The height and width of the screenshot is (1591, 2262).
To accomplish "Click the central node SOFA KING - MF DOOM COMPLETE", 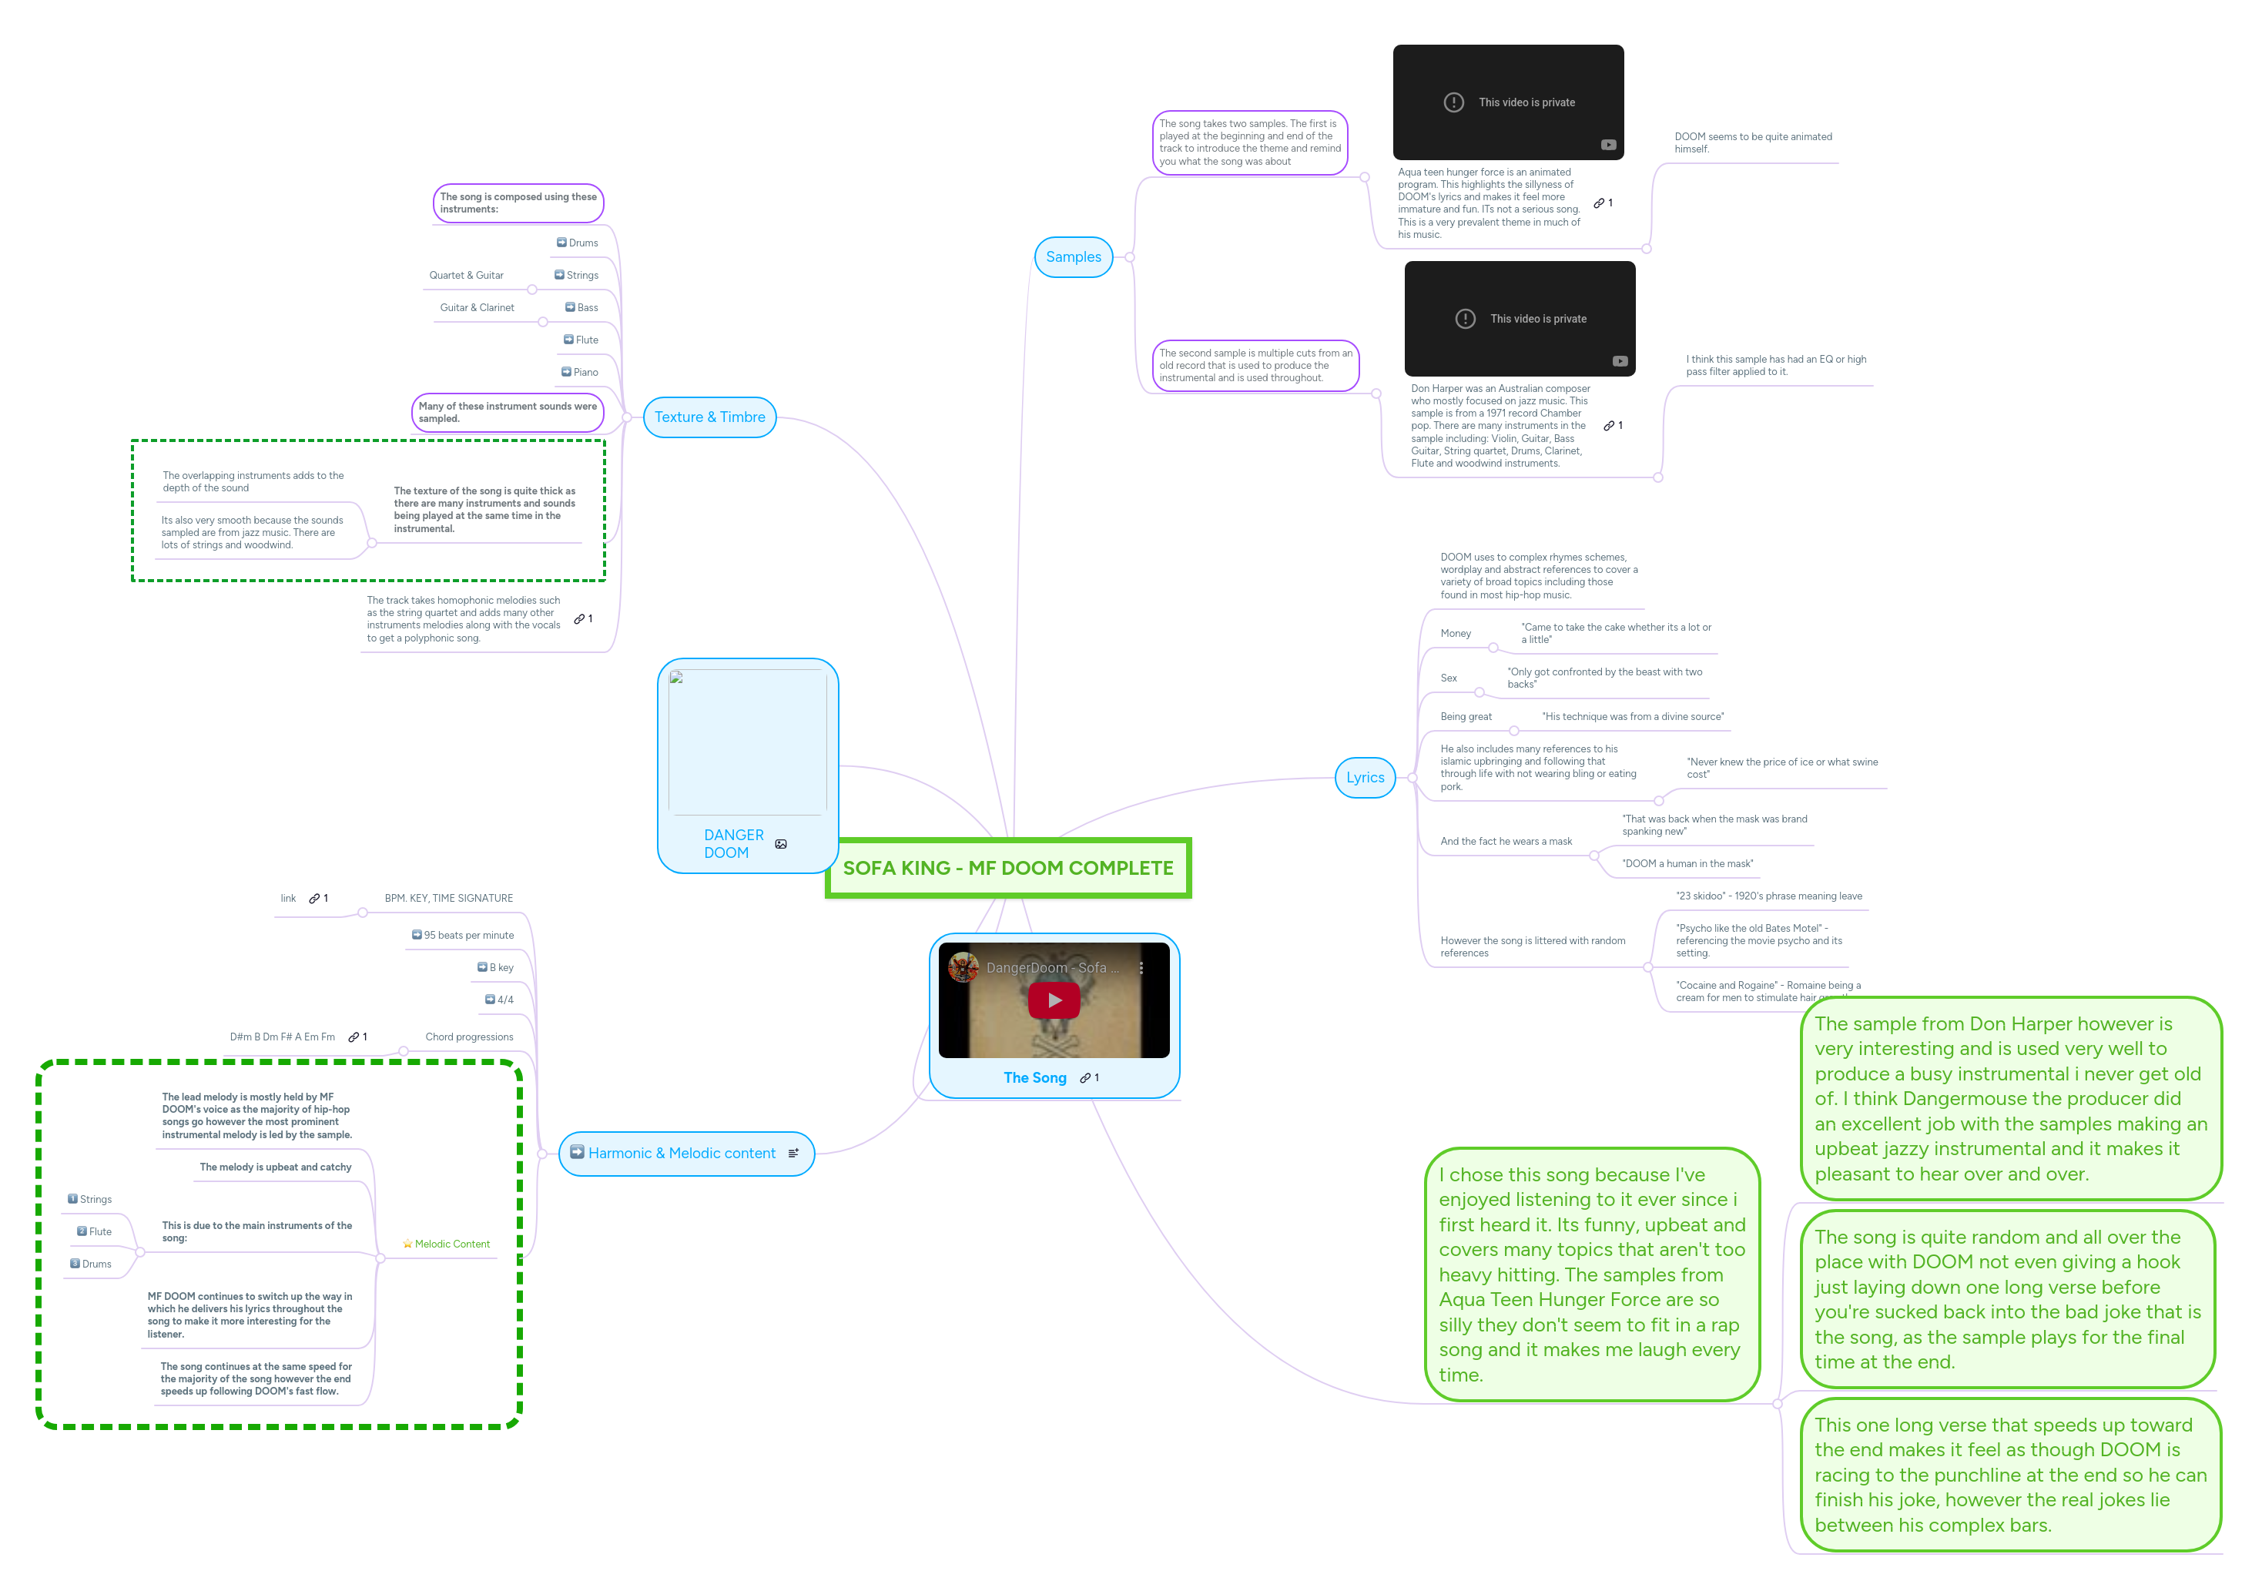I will [1008, 868].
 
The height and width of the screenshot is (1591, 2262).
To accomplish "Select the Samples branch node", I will [1073, 257].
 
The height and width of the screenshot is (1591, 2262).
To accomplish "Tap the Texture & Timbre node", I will [709, 417].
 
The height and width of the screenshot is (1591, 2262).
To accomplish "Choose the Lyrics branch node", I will [1365, 777].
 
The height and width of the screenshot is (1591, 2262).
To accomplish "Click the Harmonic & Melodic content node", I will [682, 1154].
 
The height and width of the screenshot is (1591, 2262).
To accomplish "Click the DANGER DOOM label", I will [733, 844].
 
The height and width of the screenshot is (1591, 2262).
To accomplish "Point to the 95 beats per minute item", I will [468, 935].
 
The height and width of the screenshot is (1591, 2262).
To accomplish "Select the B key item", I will [501, 967].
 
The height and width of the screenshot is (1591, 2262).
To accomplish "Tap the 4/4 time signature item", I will [504, 1000].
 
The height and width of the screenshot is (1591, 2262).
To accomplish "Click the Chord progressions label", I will [469, 1037].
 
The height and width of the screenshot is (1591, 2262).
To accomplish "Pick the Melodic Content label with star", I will [451, 1244].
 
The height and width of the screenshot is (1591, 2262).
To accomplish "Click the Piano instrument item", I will [585, 373].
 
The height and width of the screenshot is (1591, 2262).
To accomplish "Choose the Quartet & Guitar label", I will [466, 276].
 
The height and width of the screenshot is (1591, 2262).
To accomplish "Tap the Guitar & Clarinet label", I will [477, 307].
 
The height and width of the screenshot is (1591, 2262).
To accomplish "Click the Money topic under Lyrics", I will [1455, 634].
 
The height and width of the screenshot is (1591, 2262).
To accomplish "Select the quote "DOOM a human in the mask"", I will [1687, 864].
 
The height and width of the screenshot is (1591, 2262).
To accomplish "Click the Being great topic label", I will [1465, 717].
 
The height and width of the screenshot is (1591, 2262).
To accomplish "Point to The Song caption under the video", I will [1034, 1078].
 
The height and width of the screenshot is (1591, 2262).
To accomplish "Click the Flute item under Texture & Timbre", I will [586, 340].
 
